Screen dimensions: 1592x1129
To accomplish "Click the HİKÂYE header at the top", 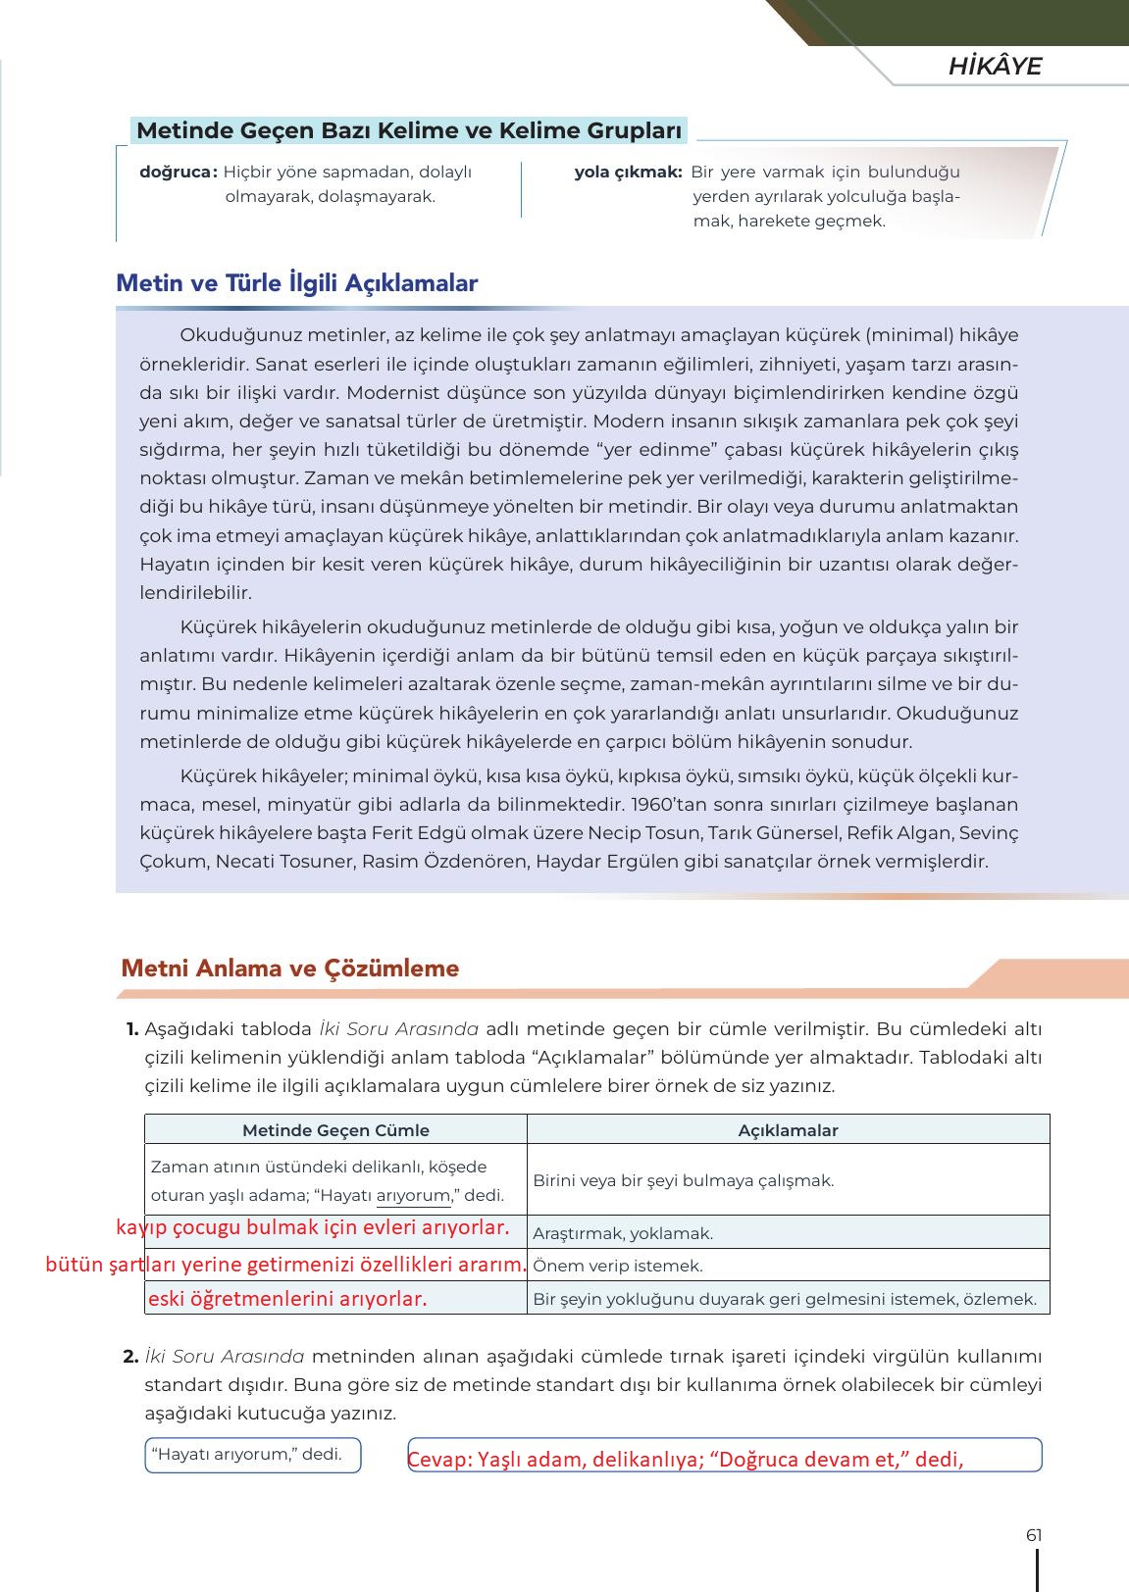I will point(994,67).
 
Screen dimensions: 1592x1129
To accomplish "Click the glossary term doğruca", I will point(178,173).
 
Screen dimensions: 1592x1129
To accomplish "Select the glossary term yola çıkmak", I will point(628,173).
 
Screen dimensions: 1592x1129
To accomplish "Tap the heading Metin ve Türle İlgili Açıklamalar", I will point(296,283).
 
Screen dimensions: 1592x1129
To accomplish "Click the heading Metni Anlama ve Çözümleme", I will point(289,969).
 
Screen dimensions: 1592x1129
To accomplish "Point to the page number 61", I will point(1033,1535).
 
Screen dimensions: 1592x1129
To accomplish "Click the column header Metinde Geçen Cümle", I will point(335,1130).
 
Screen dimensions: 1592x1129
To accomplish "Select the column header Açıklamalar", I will point(788,1130).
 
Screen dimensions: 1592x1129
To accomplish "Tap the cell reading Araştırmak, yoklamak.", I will point(623,1233).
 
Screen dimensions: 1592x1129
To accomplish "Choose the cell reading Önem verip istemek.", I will point(618,1266).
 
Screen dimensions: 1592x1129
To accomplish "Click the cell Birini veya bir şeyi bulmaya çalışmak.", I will point(683,1180).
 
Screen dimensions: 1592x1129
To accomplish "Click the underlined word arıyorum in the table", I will point(413,1196).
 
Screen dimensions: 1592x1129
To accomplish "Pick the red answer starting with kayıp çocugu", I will point(313,1227).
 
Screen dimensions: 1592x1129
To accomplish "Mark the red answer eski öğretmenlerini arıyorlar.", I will point(287,1299).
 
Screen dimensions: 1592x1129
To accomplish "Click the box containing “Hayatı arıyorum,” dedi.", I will point(252,1455).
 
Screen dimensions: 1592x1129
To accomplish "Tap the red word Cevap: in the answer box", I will point(440,1460).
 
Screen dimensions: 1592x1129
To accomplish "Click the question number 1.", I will point(131,1029).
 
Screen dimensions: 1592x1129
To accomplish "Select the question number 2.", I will point(130,1357).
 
